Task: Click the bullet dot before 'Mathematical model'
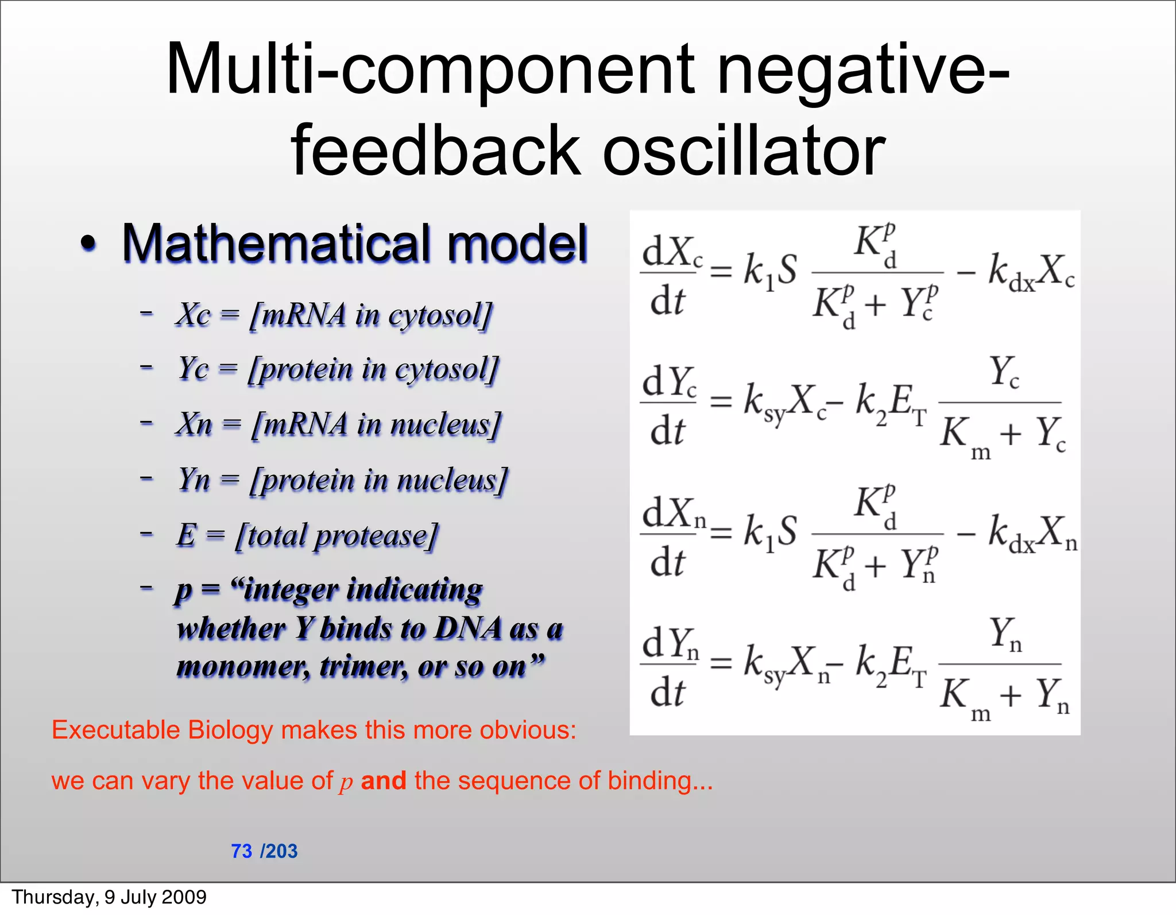click(x=88, y=244)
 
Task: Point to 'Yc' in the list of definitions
click(x=194, y=369)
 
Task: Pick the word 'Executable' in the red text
click(x=116, y=730)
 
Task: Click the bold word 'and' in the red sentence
click(x=383, y=781)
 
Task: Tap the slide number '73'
click(x=242, y=851)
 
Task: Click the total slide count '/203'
click(x=279, y=851)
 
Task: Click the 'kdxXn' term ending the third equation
click(x=1032, y=533)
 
